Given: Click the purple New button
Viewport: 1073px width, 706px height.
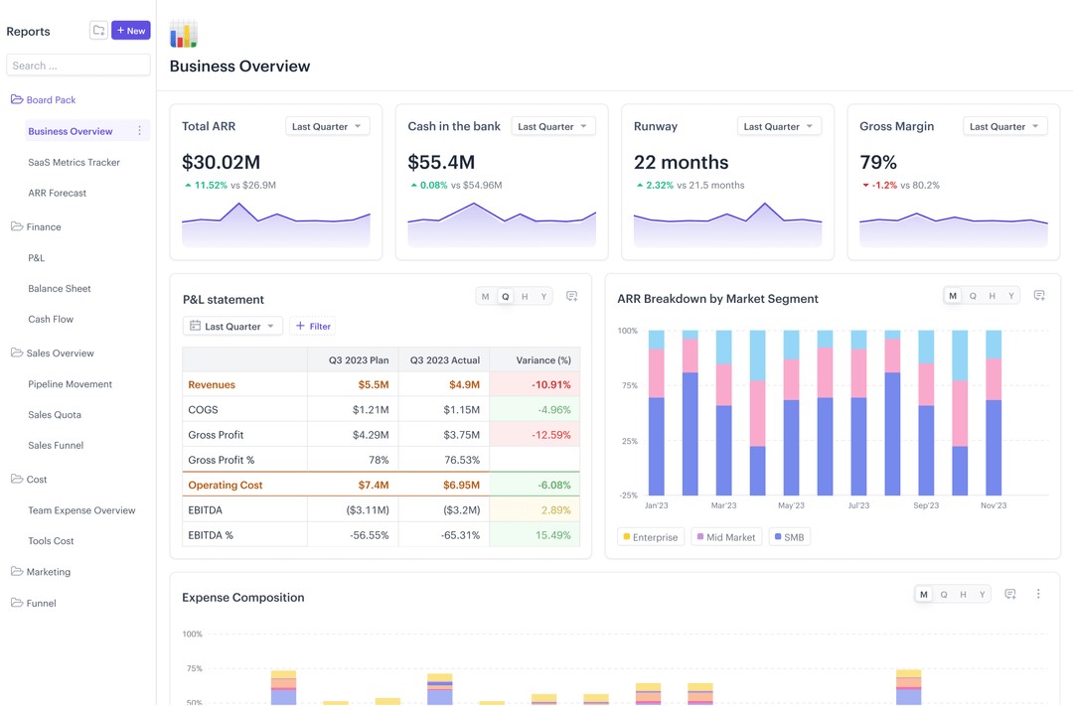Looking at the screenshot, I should point(130,31).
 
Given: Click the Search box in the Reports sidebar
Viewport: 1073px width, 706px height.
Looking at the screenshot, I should point(78,66).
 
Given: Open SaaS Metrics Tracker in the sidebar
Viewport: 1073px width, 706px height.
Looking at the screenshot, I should point(74,162).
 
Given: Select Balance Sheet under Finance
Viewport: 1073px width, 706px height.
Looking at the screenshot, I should point(60,288).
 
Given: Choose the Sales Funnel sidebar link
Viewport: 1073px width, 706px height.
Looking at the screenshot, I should point(56,445).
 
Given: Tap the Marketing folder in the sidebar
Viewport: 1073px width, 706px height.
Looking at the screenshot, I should point(48,572).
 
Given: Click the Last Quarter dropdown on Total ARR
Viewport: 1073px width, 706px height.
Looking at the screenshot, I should point(327,126).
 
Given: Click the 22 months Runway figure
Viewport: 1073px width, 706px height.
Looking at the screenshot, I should point(681,162).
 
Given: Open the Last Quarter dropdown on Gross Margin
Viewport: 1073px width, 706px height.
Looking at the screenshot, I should point(1004,126).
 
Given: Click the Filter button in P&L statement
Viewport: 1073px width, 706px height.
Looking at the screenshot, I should point(312,326).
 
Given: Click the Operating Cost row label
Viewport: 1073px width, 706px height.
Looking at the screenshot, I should point(226,486).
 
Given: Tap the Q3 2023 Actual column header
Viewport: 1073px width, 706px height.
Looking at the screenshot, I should point(444,360).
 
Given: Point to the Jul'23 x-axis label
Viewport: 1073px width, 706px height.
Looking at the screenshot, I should point(858,505).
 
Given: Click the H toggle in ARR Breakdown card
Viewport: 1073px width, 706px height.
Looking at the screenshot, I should point(992,296).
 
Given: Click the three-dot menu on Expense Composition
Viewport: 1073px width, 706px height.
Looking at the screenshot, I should point(1038,594).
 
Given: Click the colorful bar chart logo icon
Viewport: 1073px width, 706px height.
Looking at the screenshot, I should point(184,34).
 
